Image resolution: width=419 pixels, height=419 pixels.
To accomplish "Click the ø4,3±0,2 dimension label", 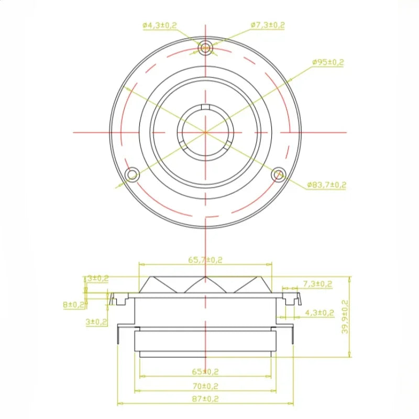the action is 160,26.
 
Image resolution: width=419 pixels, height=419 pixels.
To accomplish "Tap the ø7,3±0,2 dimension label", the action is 268,25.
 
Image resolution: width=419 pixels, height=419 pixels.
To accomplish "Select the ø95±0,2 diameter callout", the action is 328,62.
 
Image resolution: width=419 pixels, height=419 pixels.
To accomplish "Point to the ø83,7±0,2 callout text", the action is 326,185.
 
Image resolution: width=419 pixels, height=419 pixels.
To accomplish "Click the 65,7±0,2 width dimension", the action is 205,260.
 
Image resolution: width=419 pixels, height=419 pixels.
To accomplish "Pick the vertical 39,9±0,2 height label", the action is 345,317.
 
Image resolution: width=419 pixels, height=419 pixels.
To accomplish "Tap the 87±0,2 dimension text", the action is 205,399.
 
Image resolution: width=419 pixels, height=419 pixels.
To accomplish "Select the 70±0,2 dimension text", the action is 205,386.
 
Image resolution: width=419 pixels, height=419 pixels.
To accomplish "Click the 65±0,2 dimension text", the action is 205,371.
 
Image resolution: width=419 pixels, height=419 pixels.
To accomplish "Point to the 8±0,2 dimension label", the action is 73,304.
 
